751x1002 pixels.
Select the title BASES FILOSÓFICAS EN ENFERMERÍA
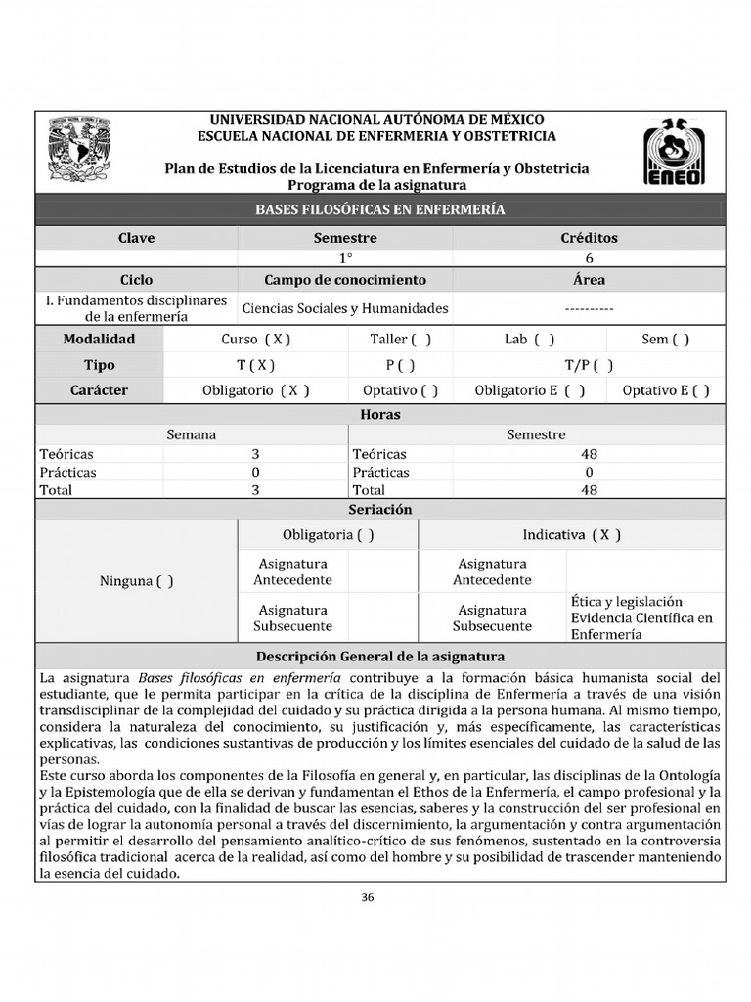click(x=380, y=209)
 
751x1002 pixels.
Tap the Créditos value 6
click(x=589, y=258)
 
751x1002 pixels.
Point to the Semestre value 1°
click(x=345, y=258)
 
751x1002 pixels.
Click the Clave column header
click(x=137, y=238)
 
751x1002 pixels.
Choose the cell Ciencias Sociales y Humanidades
click(x=345, y=308)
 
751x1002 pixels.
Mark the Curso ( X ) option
click(x=256, y=340)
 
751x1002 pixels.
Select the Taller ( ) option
click(x=400, y=340)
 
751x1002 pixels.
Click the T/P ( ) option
click(x=589, y=365)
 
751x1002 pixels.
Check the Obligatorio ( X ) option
click(x=256, y=390)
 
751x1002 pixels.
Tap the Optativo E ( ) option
click(x=666, y=390)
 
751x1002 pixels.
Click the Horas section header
click(x=380, y=415)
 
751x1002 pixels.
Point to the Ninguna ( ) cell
click(x=137, y=581)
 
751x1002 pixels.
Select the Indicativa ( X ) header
click(x=572, y=535)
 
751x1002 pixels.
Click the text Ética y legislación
click(x=627, y=602)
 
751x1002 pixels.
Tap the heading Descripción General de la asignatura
click(x=380, y=657)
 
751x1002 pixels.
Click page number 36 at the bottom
click(x=369, y=897)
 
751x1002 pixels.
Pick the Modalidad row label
click(x=100, y=340)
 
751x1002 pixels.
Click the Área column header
click(x=589, y=280)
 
